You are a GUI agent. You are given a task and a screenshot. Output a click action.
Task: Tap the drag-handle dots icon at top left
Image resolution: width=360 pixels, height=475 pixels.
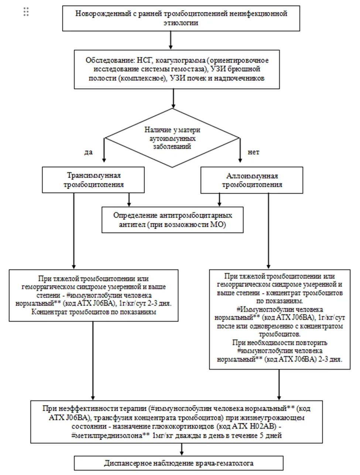(26, 12)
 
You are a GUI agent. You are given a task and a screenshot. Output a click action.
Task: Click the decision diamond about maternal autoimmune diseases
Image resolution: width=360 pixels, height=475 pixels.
(172, 138)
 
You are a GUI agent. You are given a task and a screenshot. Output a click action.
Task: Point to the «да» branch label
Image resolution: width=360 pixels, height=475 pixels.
(88, 152)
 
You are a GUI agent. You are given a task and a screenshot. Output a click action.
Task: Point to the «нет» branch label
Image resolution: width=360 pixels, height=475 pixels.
(253, 152)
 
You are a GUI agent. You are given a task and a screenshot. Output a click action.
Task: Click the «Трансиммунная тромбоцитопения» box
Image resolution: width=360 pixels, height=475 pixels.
(93, 180)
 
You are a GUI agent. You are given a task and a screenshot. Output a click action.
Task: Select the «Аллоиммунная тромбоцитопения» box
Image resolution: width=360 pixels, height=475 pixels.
(252, 180)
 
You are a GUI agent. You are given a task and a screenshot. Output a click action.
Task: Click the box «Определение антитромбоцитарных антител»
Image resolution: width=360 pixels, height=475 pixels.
(173, 220)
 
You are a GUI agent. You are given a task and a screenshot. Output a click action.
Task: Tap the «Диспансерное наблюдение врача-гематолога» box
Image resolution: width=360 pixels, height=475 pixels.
(179, 463)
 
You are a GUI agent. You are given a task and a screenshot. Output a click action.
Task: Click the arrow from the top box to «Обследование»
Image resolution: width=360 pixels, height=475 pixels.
(171, 40)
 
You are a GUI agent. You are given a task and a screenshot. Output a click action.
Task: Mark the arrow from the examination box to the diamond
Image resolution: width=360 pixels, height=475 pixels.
(173, 99)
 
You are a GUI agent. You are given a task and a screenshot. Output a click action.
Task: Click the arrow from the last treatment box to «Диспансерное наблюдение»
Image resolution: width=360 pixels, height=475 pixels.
(182, 449)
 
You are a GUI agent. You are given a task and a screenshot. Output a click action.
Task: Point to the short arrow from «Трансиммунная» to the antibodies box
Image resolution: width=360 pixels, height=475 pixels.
(129, 200)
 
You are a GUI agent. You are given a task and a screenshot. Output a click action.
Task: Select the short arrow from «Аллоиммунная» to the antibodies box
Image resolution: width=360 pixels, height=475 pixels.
(219, 200)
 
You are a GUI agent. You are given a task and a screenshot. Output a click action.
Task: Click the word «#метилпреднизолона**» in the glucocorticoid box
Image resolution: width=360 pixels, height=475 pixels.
(111, 435)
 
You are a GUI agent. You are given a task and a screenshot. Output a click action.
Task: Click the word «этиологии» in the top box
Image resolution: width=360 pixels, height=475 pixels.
(181, 23)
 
